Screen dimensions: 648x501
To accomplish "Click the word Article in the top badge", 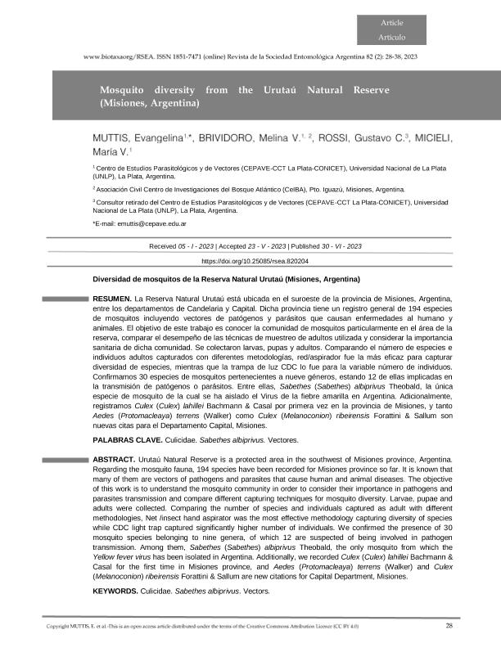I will (391, 22).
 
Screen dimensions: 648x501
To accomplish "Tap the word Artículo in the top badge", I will (391, 38).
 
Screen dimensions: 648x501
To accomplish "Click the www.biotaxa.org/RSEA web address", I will (121, 56).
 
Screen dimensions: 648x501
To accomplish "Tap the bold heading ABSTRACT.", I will (114, 461).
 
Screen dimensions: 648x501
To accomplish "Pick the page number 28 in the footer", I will (449, 627).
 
